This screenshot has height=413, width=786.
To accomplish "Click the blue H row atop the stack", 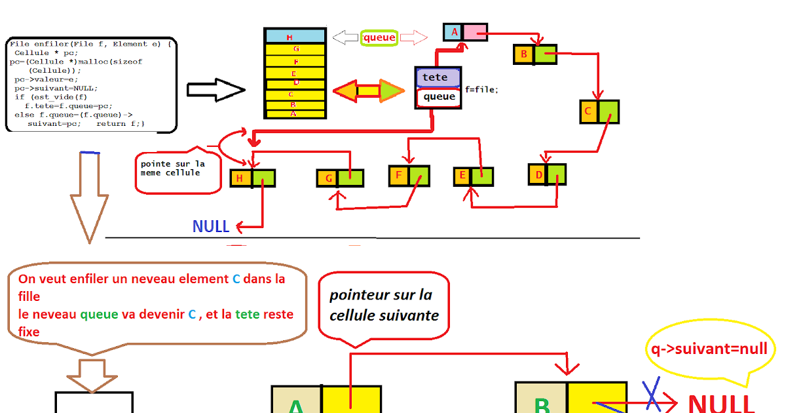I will (295, 37).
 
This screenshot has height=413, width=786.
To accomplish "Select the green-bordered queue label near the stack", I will (379, 38).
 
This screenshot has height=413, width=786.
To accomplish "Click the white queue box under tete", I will (439, 97).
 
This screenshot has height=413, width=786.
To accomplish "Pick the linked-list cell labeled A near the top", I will (453, 31).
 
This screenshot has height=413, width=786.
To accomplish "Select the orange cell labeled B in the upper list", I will (524, 54).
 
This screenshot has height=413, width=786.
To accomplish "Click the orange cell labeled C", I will (589, 111).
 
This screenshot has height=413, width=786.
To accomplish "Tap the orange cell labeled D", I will (538, 174).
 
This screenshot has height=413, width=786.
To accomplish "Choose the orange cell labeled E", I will (463, 176).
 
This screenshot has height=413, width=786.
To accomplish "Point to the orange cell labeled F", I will (398, 175).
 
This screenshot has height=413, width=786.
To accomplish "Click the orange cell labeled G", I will (327, 178).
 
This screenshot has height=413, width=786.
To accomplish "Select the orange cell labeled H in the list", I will (240, 178).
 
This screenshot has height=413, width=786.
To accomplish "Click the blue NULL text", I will (211, 227).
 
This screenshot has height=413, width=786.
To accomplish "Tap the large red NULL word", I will (721, 401).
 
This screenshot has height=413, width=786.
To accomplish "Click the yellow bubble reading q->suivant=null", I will (707, 349).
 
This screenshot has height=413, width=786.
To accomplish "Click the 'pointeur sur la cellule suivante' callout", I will (384, 305).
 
